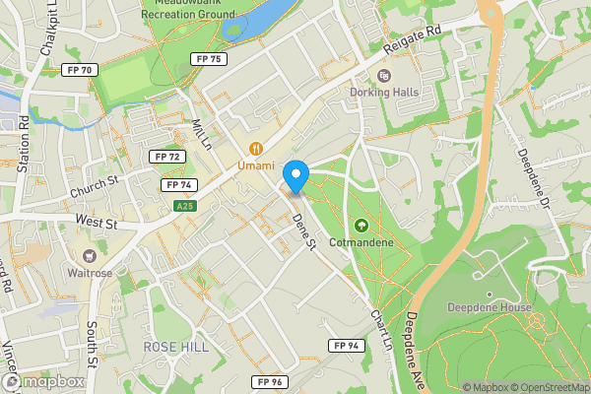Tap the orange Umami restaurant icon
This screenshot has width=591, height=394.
(256, 149)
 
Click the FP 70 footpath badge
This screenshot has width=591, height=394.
(78, 70)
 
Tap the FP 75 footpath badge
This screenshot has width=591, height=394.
(210, 59)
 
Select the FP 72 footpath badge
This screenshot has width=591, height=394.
(166, 157)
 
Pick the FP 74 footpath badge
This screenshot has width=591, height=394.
(178, 184)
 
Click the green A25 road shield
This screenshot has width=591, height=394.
(183, 206)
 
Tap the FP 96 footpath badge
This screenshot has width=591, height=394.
(267, 381)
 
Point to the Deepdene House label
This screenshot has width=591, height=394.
(491, 307)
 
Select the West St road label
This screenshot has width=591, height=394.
(96, 225)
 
